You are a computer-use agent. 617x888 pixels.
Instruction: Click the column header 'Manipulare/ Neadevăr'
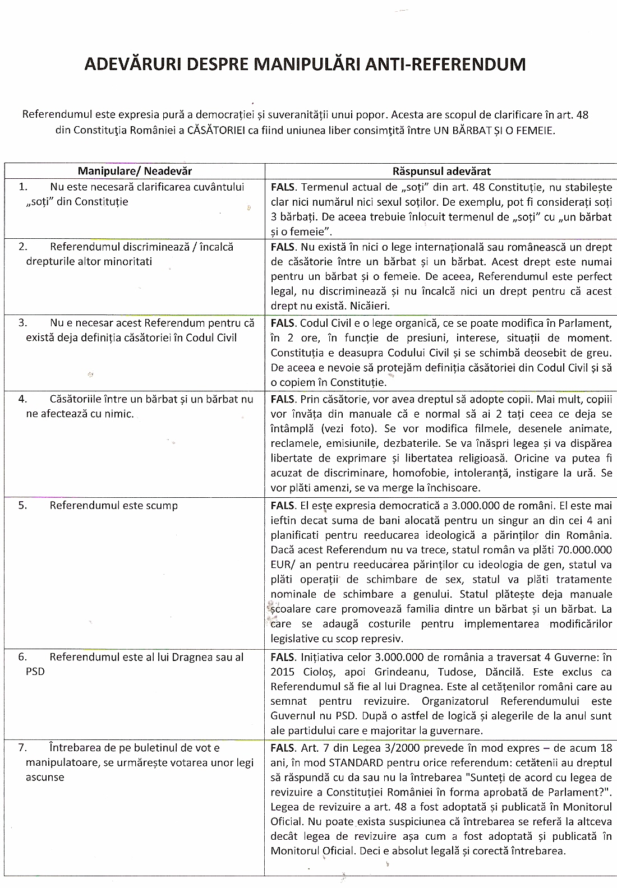[x=135, y=171]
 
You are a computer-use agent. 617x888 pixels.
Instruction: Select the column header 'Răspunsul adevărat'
[x=441, y=171]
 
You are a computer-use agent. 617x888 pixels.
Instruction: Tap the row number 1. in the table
[x=23, y=187]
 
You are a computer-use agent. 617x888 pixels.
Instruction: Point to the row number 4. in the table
[x=23, y=399]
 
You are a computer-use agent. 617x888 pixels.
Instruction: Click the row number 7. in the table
[x=23, y=747]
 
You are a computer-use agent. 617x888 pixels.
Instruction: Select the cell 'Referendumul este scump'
[x=113, y=505]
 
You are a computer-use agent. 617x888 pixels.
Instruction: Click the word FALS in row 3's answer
[x=283, y=323]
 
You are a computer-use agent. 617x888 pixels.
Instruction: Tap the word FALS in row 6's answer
[x=283, y=657]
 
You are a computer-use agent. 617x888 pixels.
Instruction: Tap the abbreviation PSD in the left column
[x=35, y=672]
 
